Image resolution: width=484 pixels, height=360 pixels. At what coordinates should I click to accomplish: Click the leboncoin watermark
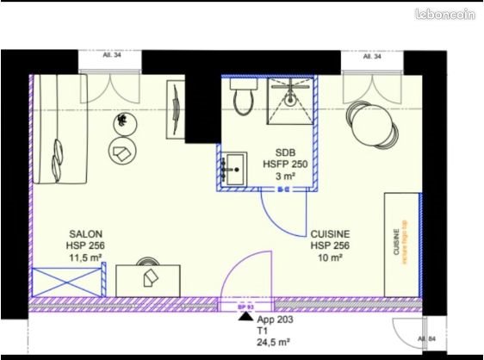[445, 15]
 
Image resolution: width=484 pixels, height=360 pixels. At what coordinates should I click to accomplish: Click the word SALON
[86, 233]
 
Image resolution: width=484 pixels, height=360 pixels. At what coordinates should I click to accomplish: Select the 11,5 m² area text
[86, 258]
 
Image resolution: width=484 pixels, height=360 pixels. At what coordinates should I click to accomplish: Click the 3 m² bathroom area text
[285, 177]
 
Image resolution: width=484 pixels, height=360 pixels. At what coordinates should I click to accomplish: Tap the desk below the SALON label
[147, 279]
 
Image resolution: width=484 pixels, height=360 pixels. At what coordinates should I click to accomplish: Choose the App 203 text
[276, 319]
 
